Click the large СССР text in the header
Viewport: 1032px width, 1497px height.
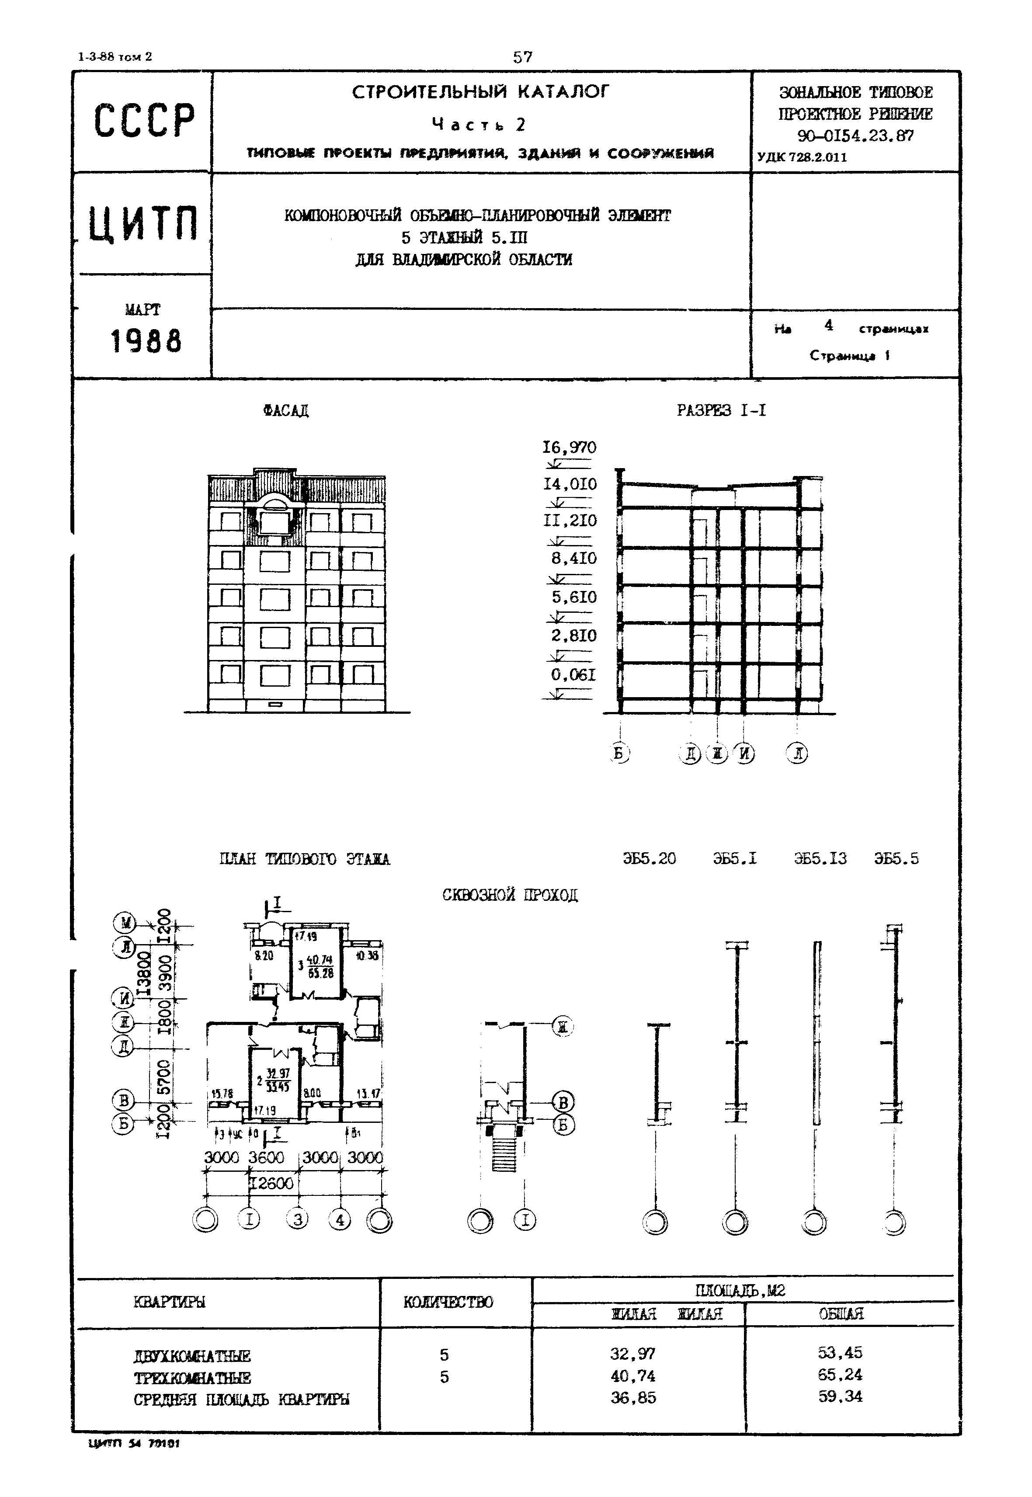click(143, 120)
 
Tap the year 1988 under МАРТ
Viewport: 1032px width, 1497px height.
click(146, 341)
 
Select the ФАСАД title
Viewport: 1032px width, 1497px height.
click(286, 410)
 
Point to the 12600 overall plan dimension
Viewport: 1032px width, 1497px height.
click(271, 1183)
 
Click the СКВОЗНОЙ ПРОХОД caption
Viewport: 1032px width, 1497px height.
click(510, 895)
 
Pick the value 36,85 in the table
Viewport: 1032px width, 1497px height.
click(633, 1397)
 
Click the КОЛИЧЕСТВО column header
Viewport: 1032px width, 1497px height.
click(448, 1302)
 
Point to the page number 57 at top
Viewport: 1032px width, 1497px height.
click(522, 57)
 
